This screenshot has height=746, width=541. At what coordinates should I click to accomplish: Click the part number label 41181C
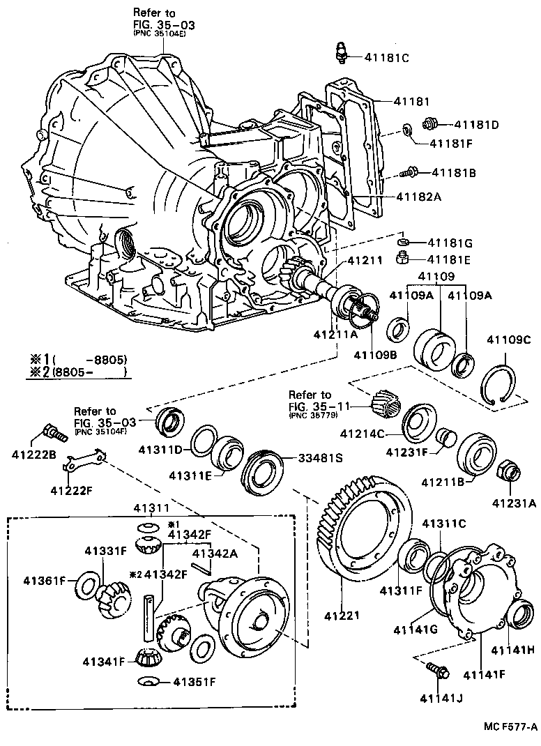pos(385,58)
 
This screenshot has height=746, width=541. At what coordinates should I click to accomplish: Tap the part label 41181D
pos(477,125)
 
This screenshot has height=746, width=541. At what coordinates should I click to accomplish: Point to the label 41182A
pos(419,197)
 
